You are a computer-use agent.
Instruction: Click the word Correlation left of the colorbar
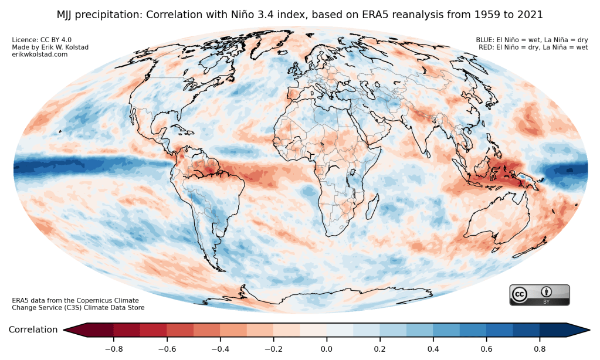point(33,330)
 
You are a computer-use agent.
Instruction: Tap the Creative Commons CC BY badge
point(539,294)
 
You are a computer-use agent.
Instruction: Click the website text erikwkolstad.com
point(40,54)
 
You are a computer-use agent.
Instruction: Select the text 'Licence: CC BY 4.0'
point(42,40)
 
